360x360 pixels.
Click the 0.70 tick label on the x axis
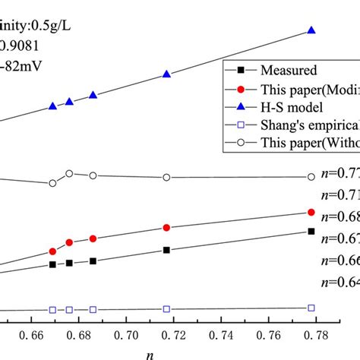127,333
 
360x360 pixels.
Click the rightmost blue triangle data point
311,30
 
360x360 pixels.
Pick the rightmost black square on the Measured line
311,231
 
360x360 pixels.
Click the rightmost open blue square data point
311,308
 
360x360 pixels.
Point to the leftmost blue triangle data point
52,107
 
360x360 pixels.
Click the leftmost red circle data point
52,251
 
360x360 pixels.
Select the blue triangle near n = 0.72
166,74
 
